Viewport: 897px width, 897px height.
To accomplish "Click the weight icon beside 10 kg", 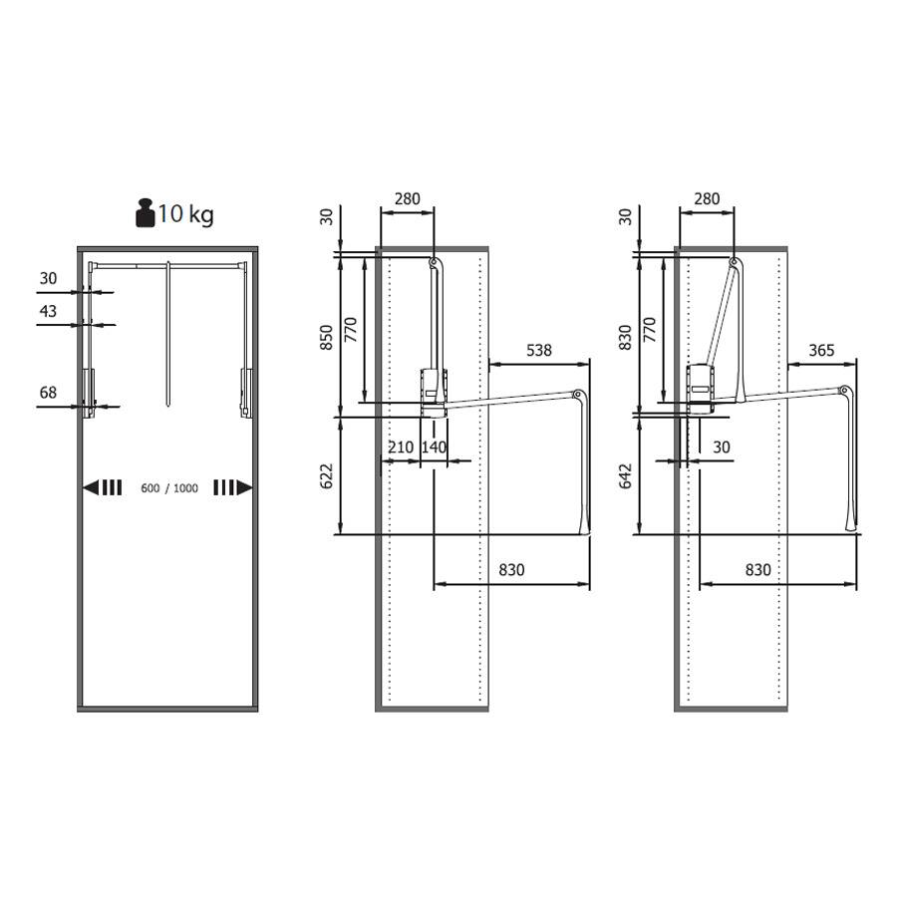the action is coord(146,213).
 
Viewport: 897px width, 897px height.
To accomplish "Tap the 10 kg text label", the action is coord(185,214).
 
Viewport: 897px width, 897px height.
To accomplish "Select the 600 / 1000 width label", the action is coord(169,488).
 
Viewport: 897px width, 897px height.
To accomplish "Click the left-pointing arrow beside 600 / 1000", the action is coord(103,487).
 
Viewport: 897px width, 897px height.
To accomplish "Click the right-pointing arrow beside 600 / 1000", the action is coord(233,487).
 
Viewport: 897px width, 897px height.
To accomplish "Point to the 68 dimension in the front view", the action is coord(48,393).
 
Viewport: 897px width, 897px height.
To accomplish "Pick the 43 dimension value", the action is coord(48,311).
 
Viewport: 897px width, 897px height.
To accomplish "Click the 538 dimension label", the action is coord(539,350).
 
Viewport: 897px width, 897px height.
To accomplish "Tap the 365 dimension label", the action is coord(821,350).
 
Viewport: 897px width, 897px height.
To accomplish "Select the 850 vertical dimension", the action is coord(326,338).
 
